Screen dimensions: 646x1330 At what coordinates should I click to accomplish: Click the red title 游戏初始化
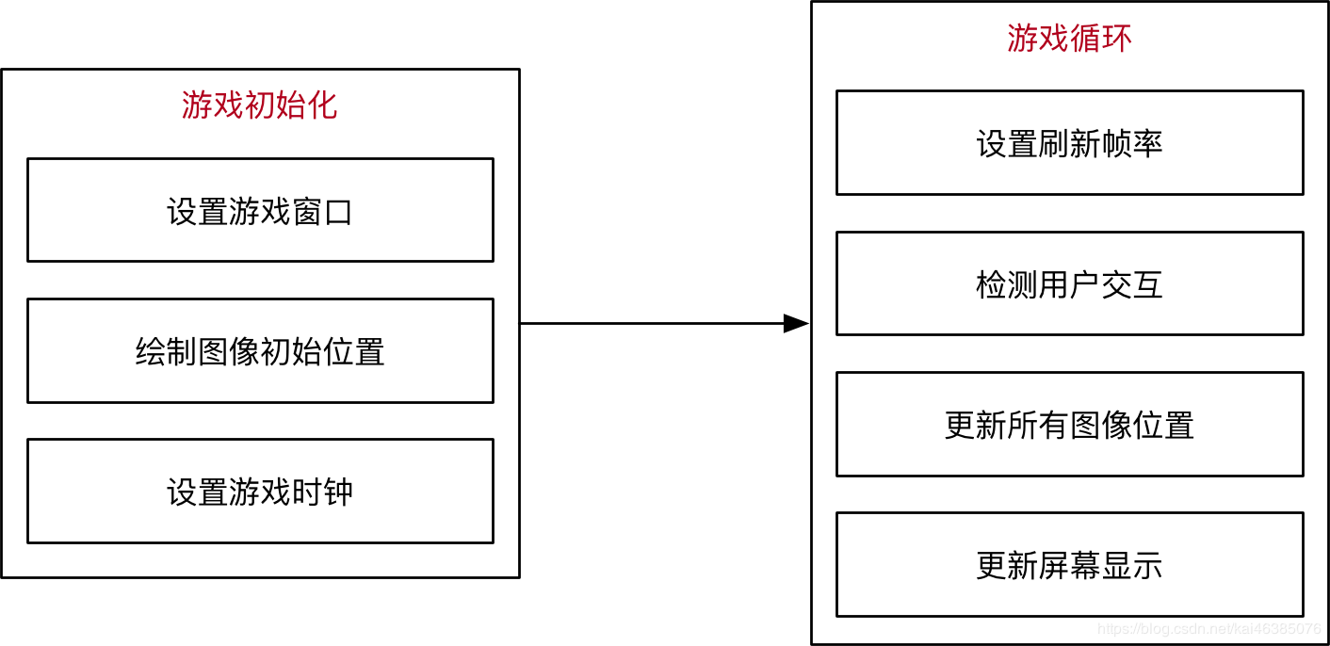pyautogui.click(x=259, y=105)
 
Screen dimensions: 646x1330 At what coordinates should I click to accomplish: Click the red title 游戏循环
pyautogui.click(x=1069, y=39)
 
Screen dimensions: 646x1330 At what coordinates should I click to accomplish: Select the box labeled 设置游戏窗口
pyautogui.click(x=260, y=211)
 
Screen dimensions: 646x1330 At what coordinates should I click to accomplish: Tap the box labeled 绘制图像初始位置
pyautogui.click(x=260, y=351)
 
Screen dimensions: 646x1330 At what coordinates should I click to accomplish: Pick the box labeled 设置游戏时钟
pyautogui.click(x=260, y=492)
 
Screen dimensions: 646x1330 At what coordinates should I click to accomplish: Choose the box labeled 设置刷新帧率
pyautogui.click(x=1069, y=143)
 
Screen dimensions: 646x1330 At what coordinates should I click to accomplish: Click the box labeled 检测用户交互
pyautogui.click(x=1069, y=283)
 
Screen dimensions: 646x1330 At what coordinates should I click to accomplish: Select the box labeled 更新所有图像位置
pyautogui.click(x=1069, y=425)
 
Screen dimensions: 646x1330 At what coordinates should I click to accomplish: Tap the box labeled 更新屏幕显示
pyautogui.click(x=1069, y=565)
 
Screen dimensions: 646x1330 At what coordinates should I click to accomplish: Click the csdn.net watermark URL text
pyautogui.click(x=1209, y=629)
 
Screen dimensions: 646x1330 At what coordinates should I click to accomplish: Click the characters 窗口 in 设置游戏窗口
pyautogui.click(x=322, y=212)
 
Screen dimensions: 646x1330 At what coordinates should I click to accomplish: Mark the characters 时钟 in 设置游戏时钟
pyautogui.click(x=322, y=493)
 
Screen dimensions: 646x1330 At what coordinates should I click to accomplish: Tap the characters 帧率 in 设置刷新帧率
pyautogui.click(x=1132, y=144)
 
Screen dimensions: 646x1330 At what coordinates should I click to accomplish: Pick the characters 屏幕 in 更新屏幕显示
pyautogui.click(x=1069, y=566)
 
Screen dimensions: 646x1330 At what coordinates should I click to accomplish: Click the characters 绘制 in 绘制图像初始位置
pyautogui.click(x=166, y=352)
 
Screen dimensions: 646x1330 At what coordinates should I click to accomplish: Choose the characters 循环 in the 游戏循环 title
pyautogui.click(x=1100, y=39)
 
